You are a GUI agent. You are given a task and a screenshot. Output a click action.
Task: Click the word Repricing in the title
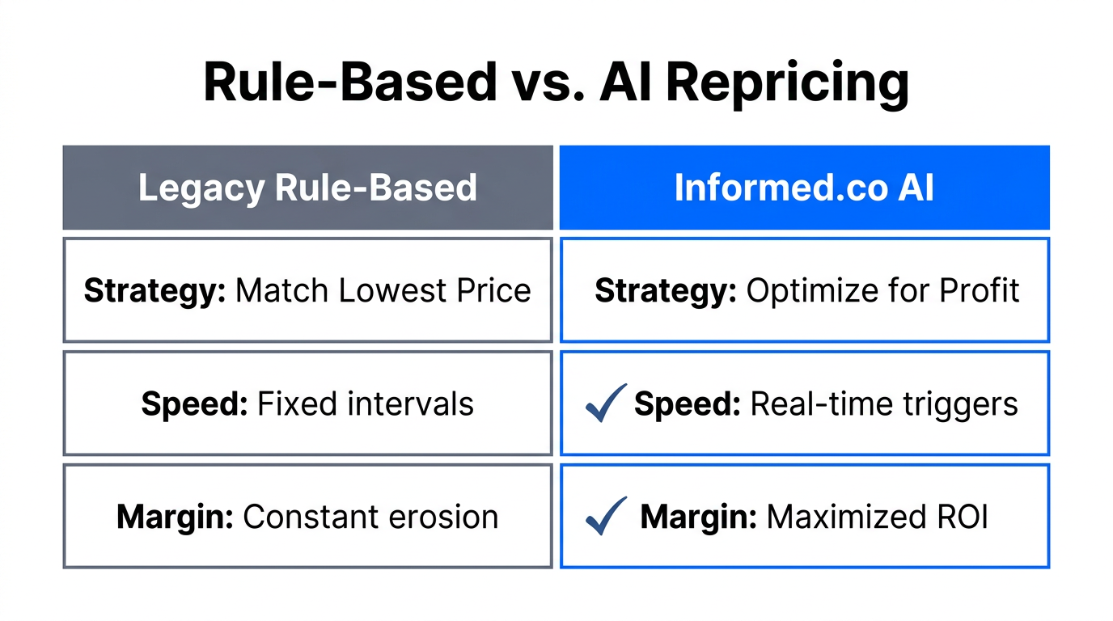[x=788, y=82]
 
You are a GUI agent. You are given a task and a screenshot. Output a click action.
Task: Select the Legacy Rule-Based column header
[x=307, y=188]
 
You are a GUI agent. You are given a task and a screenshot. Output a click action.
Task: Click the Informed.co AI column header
[x=804, y=188]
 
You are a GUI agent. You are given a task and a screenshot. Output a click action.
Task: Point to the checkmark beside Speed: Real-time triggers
[x=605, y=403]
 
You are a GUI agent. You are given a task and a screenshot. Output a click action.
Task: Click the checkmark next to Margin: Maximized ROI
[x=605, y=516]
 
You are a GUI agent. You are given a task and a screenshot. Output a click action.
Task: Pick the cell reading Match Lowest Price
[x=307, y=290]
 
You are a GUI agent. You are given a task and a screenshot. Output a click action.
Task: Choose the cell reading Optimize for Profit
[x=804, y=290]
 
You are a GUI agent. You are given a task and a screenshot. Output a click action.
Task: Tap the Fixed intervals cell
[x=307, y=403]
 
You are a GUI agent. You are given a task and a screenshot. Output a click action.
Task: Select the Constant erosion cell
[x=307, y=517]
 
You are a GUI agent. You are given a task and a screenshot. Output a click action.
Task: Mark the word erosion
[x=451, y=517]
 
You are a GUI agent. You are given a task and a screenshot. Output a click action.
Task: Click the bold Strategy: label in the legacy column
[x=154, y=290]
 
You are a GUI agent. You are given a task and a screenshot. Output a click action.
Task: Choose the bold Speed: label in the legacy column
[x=194, y=403]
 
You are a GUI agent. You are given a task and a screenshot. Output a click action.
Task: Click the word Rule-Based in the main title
[x=349, y=82]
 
